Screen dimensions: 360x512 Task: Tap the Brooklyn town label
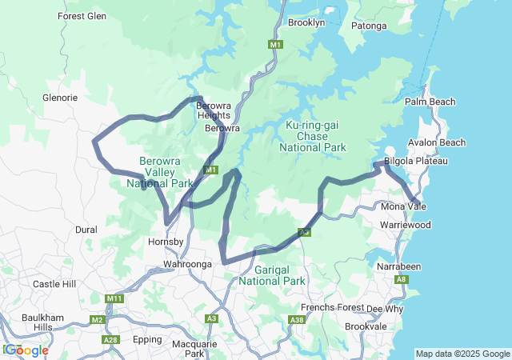pyautogui.click(x=306, y=22)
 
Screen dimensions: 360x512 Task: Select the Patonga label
pyautogui.click(x=369, y=26)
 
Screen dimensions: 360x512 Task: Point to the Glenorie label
pyautogui.click(x=59, y=98)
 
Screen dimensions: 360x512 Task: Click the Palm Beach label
pyautogui.click(x=430, y=102)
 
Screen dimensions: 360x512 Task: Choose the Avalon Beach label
pyautogui.click(x=436, y=142)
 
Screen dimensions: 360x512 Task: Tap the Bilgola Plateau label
pyautogui.click(x=415, y=161)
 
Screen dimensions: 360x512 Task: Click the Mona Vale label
pyautogui.click(x=403, y=206)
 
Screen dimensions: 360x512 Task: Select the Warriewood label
pyautogui.click(x=405, y=225)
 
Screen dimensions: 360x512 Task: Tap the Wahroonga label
pyautogui.click(x=187, y=264)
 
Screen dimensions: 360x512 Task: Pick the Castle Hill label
pyautogui.click(x=54, y=284)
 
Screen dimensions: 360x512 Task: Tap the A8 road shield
pyautogui.click(x=402, y=279)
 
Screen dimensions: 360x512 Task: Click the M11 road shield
pyautogui.click(x=114, y=298)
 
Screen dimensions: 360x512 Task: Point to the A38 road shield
pyautogui.click(x=297, y=319)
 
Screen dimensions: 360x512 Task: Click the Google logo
pyautogui.click(x=26, y=350)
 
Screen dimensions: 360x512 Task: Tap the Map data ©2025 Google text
pyautogui.click(x=462, y=354)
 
